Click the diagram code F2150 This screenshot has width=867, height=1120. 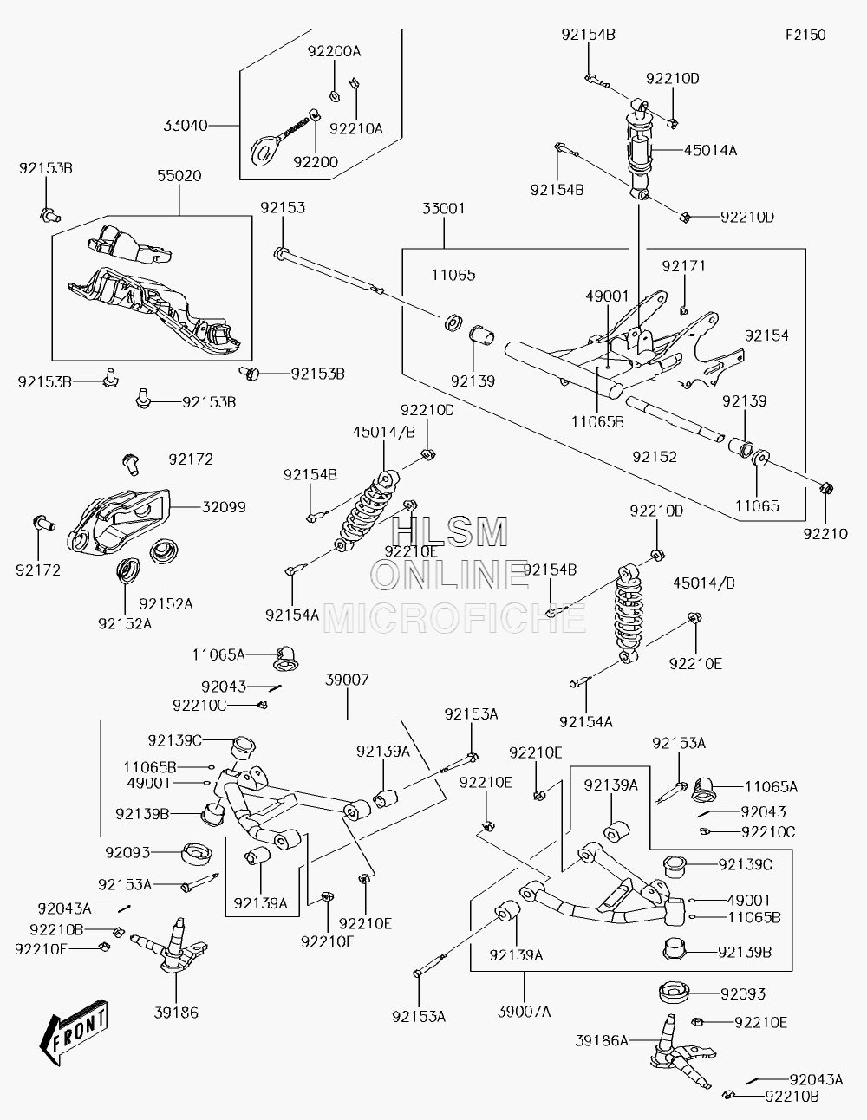coord(805,35)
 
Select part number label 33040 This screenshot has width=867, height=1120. coord(185,126)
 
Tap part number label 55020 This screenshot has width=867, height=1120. coord(179,176)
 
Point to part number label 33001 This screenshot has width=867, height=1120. coord(443,209)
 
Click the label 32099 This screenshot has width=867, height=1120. coord(224,507)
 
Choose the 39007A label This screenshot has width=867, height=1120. coord(524,1012)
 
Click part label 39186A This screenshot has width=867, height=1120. coord(602,1040)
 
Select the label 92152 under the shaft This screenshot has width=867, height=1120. coord(655,457)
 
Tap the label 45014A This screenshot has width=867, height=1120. coord(710,151)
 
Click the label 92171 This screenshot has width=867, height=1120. coord(683,266)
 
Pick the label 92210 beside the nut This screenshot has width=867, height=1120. coord(825,534)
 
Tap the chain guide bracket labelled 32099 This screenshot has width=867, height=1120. coord(118,523)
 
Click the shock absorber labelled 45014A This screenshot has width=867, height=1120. coord(640,148)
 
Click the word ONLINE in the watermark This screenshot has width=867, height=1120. coord(450,576)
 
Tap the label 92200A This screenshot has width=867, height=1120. coord(334,51)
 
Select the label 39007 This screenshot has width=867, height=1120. coord(347,680)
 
